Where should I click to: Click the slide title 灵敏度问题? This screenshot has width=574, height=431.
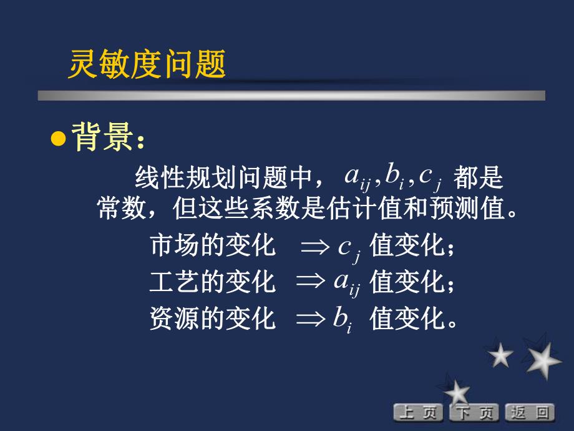click(147, 65)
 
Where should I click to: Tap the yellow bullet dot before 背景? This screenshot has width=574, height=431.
click(58, 139)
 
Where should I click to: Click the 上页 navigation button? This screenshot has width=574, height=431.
click(417, 412)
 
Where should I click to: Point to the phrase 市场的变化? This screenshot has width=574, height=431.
click(213, 245)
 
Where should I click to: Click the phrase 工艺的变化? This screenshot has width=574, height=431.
click(213, 282)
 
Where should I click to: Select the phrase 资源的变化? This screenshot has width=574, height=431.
click(213, 319)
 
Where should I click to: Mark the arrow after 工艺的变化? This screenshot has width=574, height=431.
click(314, 283)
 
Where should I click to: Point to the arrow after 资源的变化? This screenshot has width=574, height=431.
click(314, 319)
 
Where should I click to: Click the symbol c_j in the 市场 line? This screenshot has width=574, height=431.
click(348, 249)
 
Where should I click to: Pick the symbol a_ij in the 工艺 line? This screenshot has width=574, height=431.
click(347, 284)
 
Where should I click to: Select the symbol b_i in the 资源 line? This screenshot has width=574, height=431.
click(343, 320)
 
